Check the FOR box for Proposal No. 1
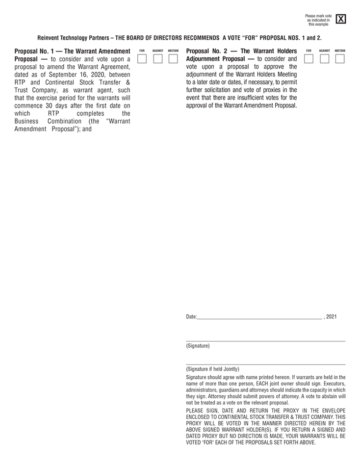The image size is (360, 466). click(142, 59)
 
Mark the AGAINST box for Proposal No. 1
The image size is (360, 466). click(157, 59)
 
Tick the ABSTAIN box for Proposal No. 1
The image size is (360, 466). click(173, 59)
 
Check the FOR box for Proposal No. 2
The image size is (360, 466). click(309, 59)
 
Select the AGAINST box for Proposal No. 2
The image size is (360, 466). click(324, 59)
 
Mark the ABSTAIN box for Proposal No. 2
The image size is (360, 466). click(340, 59)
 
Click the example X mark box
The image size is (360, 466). click(341, 20)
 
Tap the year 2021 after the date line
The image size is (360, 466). click(332, 317)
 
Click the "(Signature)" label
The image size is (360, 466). click(198, 346)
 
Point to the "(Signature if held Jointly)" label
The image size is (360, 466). click(212, 369)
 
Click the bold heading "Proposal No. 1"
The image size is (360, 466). click(34, 51)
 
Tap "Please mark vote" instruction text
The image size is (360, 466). click(318, 16)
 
